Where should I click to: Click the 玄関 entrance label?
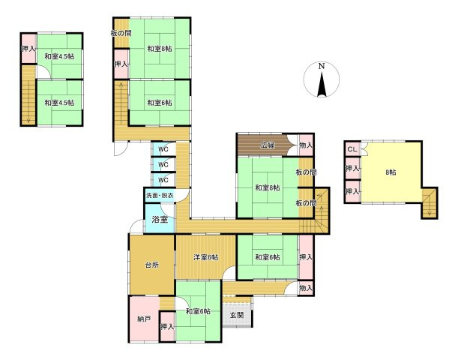[236, 316]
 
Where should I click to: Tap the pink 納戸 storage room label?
[145, 319]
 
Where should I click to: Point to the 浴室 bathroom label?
[159, 220]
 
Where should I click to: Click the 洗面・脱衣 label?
[160, 195]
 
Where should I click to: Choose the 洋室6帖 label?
[206, 257]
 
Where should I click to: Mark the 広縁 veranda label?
[268, 145]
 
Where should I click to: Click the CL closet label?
[352, 149]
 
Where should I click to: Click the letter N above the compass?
[321, 66]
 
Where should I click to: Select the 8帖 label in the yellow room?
[391, 171]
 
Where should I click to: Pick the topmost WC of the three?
[163, 148]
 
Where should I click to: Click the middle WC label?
[163, 163]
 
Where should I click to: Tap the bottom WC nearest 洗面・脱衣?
[163, 179]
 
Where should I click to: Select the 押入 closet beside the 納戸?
[166, 326]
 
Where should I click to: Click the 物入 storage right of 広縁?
[306, 145]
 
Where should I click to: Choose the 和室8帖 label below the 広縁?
[267, 187]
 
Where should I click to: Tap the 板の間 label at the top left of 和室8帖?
[121, 33]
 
